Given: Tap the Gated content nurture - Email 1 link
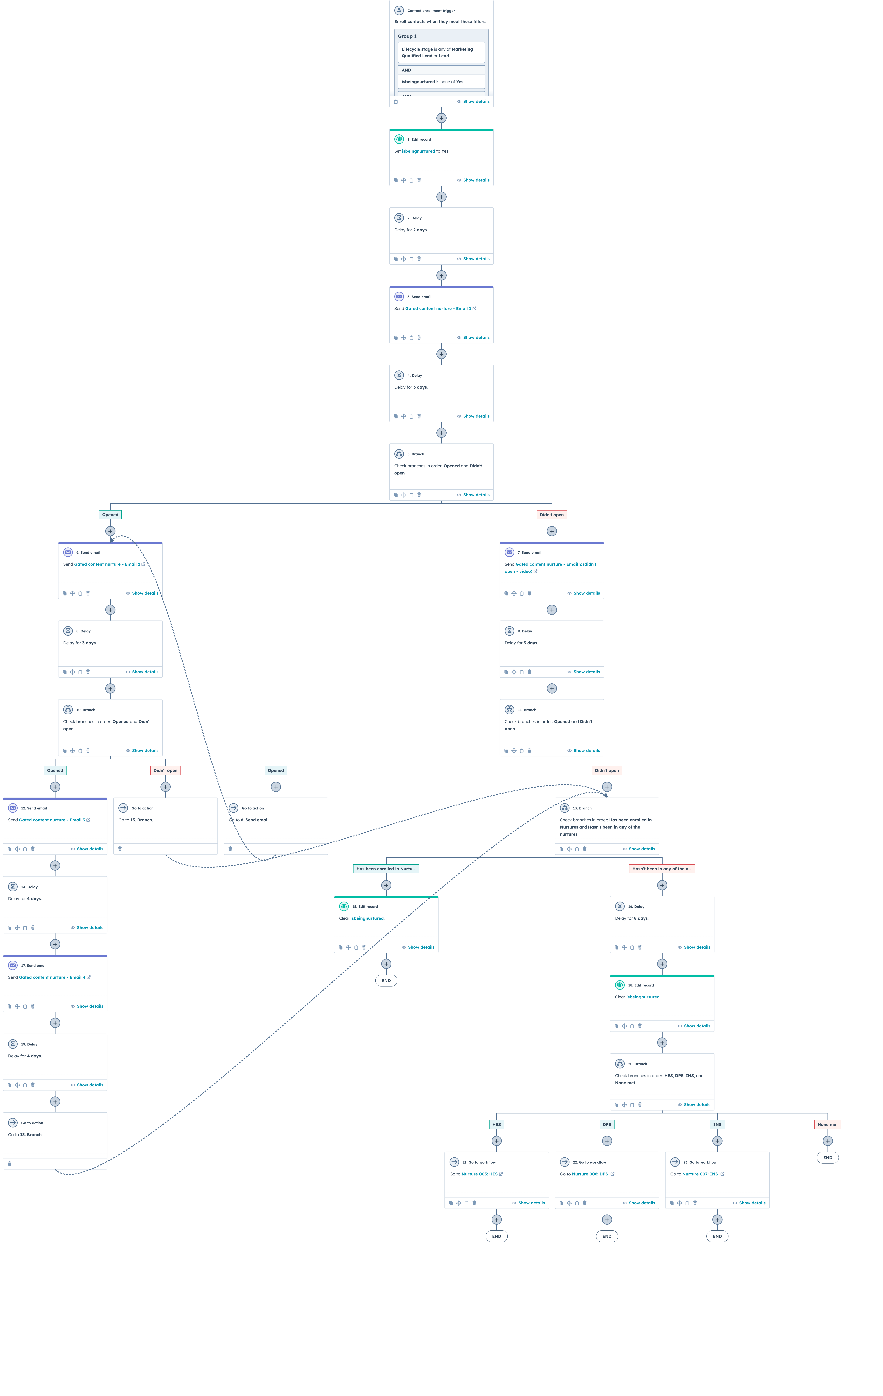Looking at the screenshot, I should (x=438, y=308).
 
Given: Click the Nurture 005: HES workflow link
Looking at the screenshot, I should (x=479, y=1174).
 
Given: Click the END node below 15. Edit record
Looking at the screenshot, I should (x=386, y=980).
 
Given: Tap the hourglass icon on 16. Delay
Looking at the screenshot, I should (x=620, y=906).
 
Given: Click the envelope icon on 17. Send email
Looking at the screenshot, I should (x=13, y=965).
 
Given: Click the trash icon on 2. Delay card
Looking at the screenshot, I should (x=419, y=259).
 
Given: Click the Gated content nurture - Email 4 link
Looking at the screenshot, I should (x=52, y=977).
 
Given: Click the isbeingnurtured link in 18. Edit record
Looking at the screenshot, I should (x=643, y=997).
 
